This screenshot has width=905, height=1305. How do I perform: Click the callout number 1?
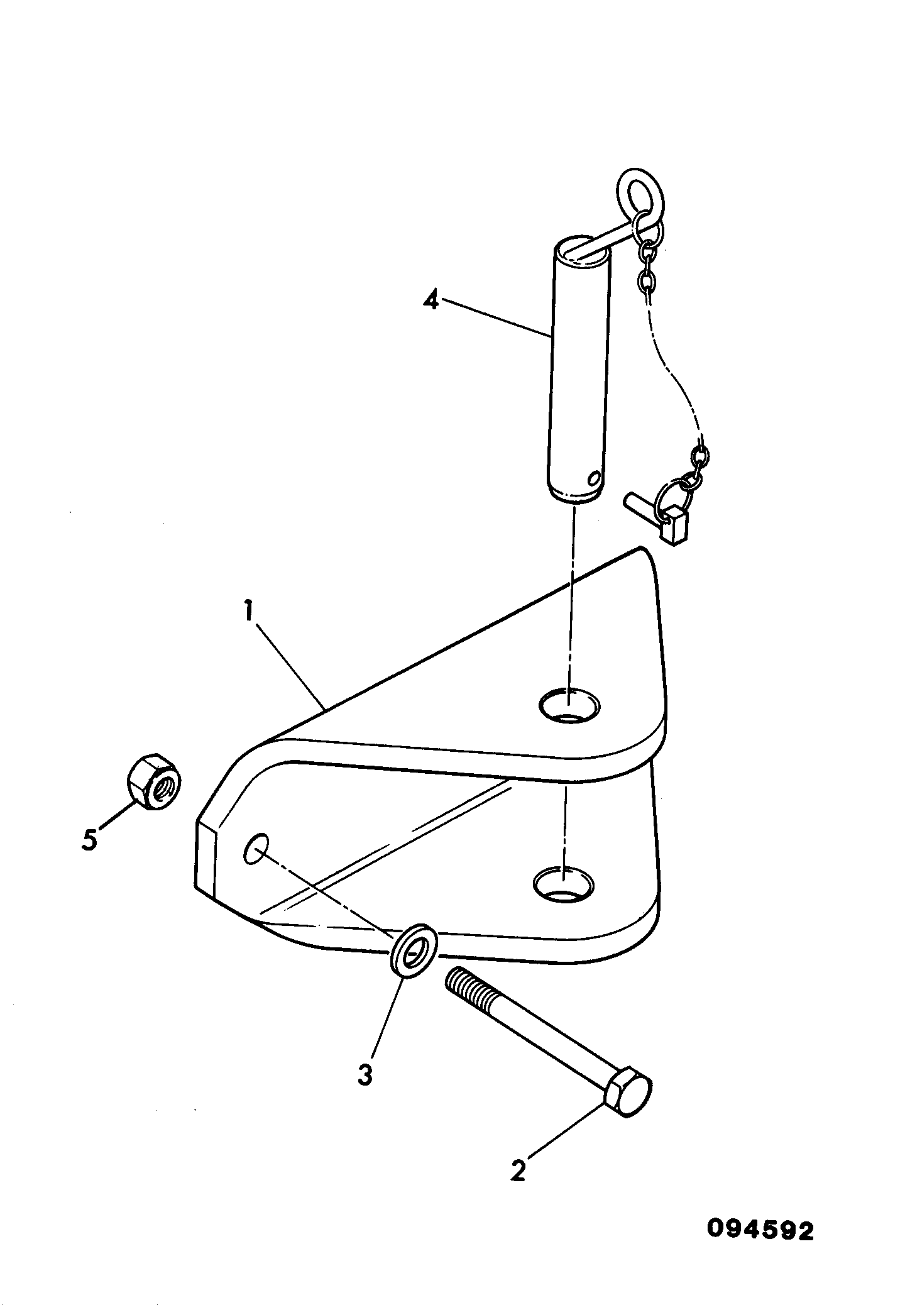tap(250, 610)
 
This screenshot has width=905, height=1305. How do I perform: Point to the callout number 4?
tap(430, 299)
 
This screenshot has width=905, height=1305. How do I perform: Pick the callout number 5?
tap(90, 839)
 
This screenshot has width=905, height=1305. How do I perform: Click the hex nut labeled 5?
tap(154, 781)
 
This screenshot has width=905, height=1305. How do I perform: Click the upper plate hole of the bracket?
tap(570, 704)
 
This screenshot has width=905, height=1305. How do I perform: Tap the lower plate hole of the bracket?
tap(563, 883)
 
